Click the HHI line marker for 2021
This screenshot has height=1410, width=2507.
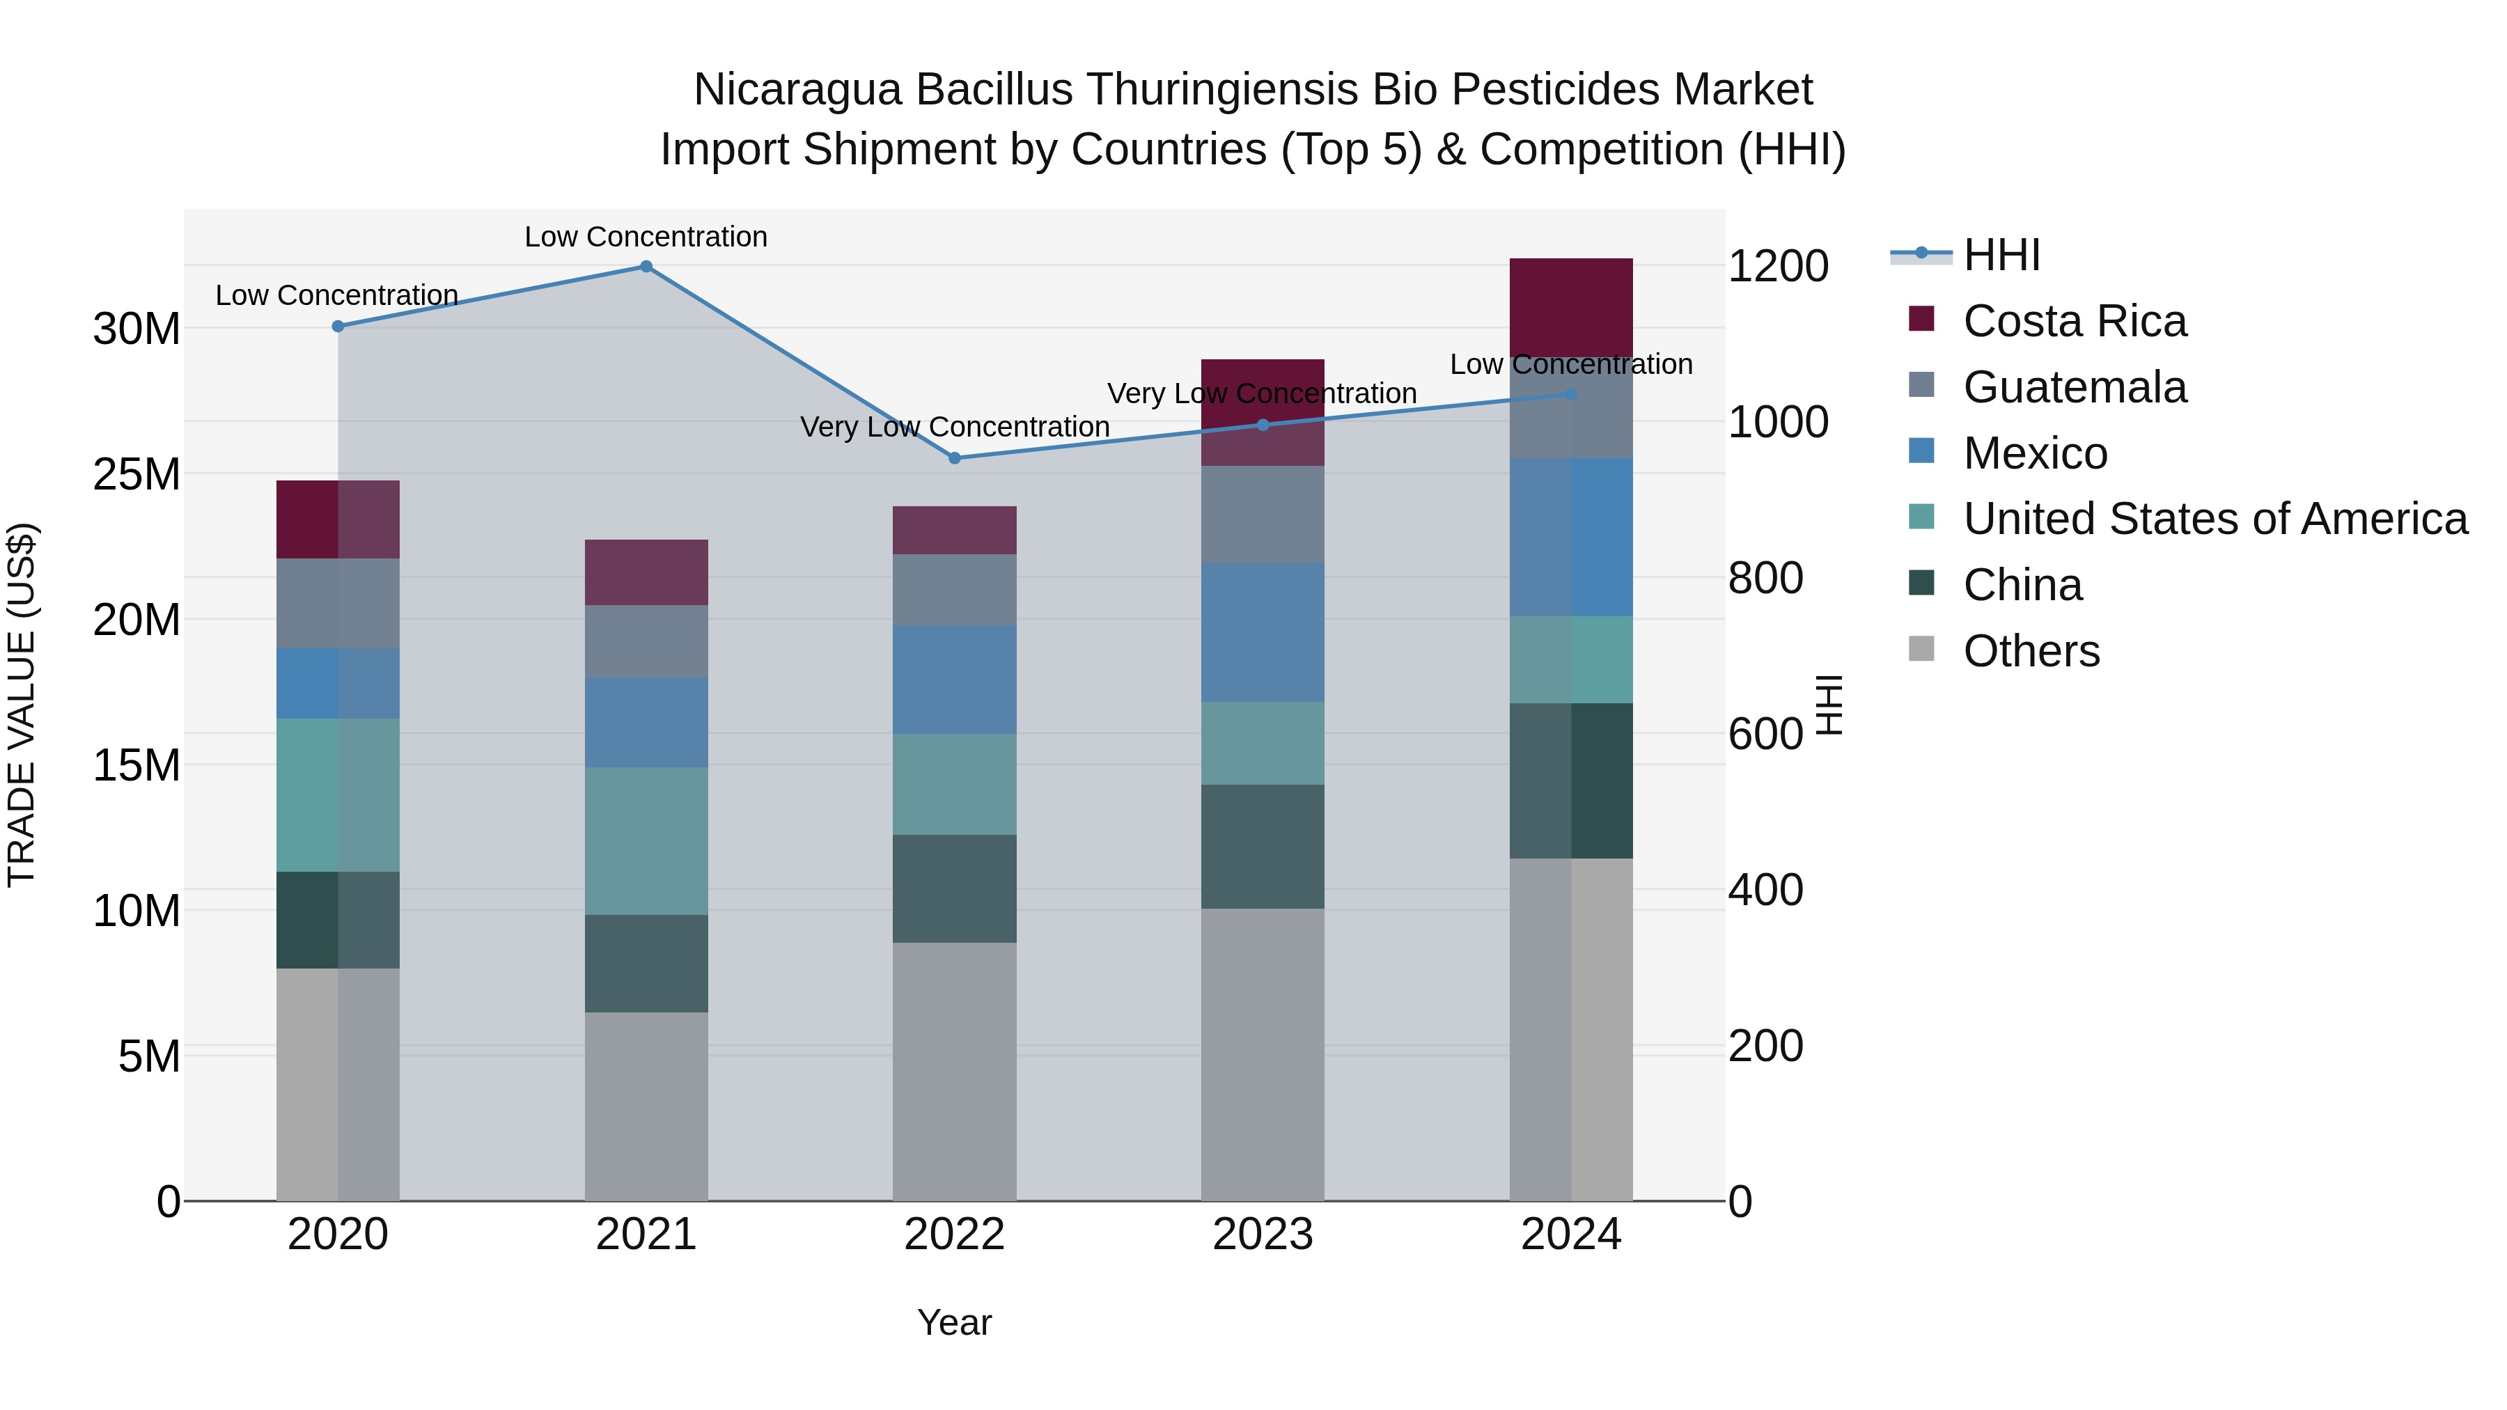pos(646,267)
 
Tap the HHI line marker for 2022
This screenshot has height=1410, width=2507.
pos(955,458)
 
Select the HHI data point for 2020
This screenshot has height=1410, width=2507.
pos(338,327)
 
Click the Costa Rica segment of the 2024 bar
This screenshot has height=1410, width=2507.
pos(1571,308)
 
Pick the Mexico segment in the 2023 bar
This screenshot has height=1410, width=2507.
pos(1263,632)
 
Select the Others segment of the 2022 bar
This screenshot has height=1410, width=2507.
pos(955,1070)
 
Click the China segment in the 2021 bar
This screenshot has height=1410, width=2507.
pos(646,964)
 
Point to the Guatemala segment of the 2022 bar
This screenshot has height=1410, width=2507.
pos(955,590)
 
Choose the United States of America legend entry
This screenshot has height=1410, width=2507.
pos(2214,519)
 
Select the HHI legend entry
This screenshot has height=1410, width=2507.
pos(2001,255)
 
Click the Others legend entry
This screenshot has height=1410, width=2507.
pos(2031,651)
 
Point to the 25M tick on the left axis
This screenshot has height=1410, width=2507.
pos(136,475)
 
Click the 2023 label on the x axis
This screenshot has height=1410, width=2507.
pos(1263,1235)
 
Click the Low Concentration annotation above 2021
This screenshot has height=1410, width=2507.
pos(646,237)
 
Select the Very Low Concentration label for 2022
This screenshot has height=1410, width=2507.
pos(955,428)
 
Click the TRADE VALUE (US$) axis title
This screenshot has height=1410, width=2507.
pos(22,705)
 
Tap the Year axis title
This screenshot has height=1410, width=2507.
pos(954,1322)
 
